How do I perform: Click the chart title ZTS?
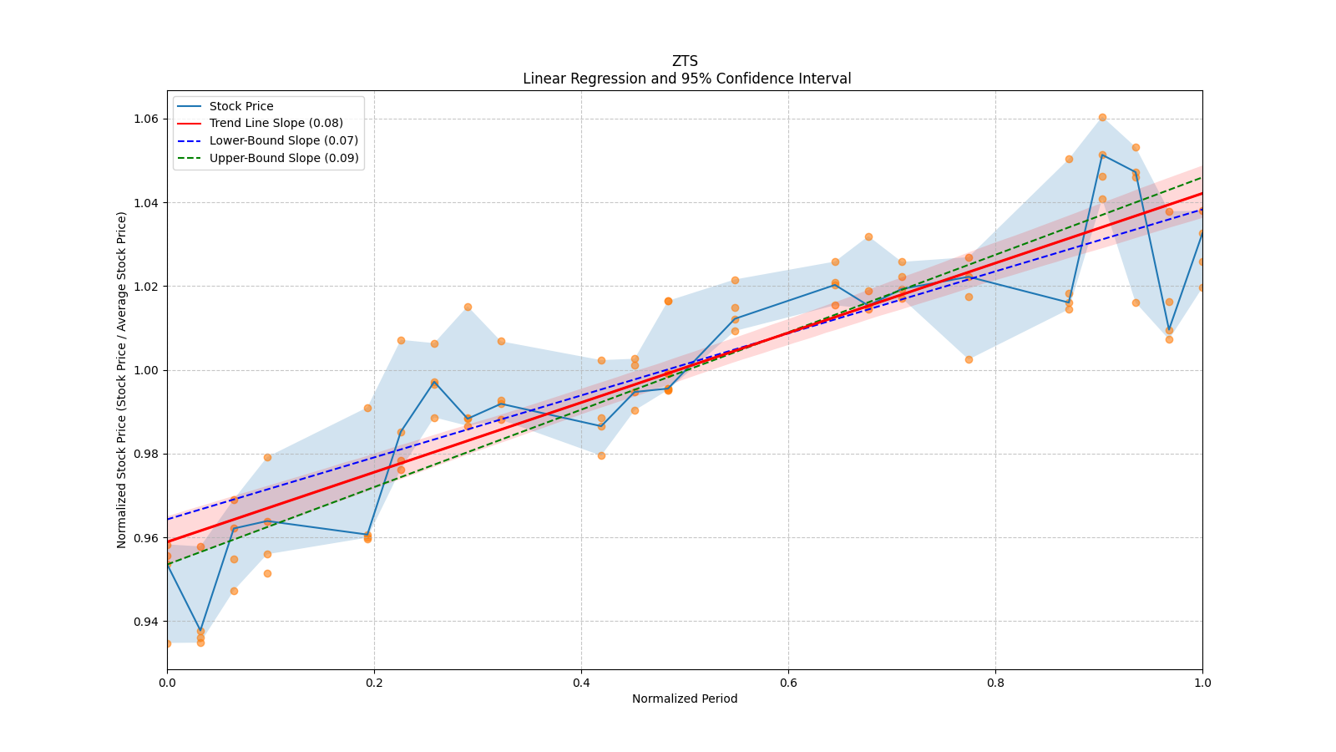pyautogui.click(x=685, y=61)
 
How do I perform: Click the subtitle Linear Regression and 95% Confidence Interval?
pyautogui.click(x=686, y=79)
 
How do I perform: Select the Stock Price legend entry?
pyautogui.click(x=241, y=106)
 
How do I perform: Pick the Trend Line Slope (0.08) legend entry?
pyautogui.click(x=276, y=124)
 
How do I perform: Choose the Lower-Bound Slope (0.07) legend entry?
pyautogui.click(x=283, y=140)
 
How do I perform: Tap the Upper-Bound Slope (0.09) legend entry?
pyautogui.click(x=284, y=158)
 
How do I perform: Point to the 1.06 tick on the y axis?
pyautogui.click(x=147, y=119)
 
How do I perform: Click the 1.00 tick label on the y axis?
pyautogui.click(x=147, y=370)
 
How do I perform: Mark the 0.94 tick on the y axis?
pyautogui.click(x=147, y=622)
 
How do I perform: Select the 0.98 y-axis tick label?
pyautogui.click(x=147, y=454)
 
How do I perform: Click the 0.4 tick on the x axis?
pyautogui.click(x=581, y=683)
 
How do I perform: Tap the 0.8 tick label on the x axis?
pyautogui.click(x=995, y=683)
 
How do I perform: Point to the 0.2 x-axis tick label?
pyautogui.click(x=374, y=683)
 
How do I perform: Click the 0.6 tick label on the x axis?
pyautogui.click(x=788, y=683)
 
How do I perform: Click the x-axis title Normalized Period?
pyautogui.click(x=685, y=699)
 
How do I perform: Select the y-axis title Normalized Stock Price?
pyautogui.click(x=122, y=379)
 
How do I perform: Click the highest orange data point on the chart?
pyautogui.click(x=1102, y=117)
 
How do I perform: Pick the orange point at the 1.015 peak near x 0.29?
pyautogui.click(x=468, y=307)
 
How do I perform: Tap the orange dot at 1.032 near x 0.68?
pyautogui.click(x=868, y=236)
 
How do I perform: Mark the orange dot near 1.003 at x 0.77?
pyautogui.click(x=969, y=359)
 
